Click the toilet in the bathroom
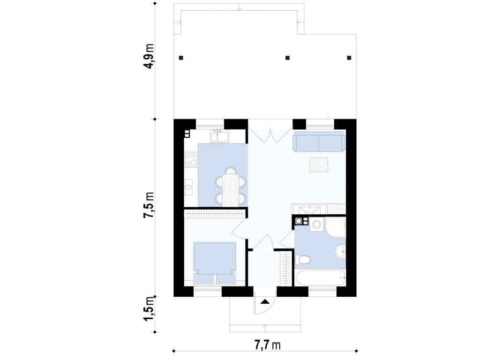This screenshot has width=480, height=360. pos(303,260)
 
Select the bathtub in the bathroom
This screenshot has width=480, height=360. pos(320,277)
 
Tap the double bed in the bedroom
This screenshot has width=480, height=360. pos(215,262)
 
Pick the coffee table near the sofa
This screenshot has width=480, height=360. pos(319,165)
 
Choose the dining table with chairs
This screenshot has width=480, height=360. pos(231,187)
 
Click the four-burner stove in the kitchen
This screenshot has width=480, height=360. pos(191,159)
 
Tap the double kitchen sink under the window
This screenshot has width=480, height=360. pos(219,136)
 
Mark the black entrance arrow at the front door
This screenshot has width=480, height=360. pos(265,301)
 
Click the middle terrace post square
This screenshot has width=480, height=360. pos(287,58)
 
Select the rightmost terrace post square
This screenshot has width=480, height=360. pos(349,58)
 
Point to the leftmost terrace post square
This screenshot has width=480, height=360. pos(181,58)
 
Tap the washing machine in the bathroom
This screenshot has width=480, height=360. pos(317,225)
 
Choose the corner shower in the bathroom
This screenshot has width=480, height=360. pos(336,227)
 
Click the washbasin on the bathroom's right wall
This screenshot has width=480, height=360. pos(340,252)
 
